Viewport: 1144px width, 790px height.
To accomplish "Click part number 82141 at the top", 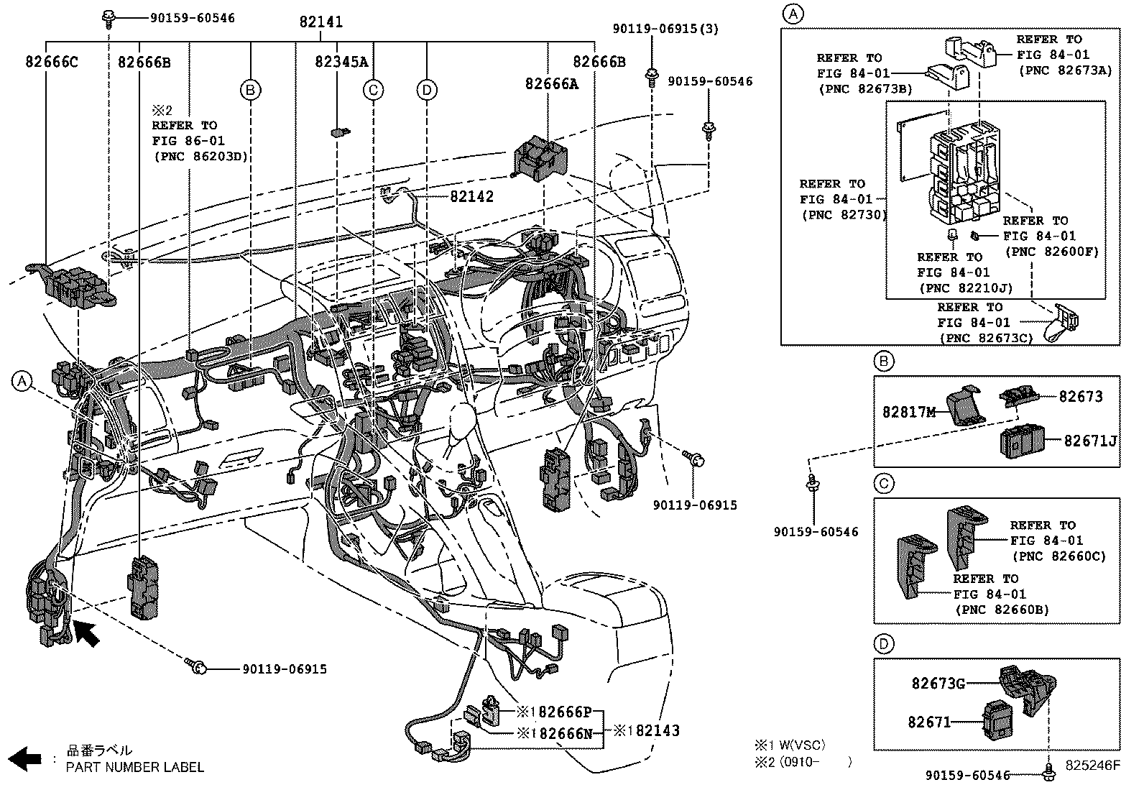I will point(320,22).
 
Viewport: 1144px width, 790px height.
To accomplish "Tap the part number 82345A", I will point(341,63).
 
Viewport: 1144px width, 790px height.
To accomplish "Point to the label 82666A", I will point(551,84).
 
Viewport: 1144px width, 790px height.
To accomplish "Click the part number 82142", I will point(472,197).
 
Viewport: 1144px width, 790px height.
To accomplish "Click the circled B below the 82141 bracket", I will point(250,90).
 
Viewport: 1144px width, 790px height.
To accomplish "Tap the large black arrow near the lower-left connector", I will point(87,633).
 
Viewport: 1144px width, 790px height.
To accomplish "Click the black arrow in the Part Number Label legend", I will point(28,759).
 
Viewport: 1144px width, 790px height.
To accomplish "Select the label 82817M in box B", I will point(909,412).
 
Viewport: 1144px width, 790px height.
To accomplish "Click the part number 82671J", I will point(1090,441).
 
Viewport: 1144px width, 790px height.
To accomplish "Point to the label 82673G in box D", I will point(938,684).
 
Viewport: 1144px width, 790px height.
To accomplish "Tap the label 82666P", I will point(564,712).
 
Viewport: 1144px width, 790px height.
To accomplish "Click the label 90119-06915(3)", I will point(665,29).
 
